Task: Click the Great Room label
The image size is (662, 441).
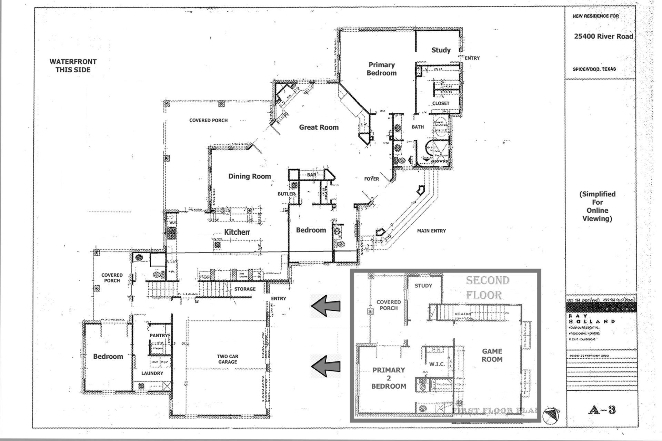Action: (x=319, y=127)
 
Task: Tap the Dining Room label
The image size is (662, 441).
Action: (x=250, y=176)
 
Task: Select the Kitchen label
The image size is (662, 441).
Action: (x=237, y=232)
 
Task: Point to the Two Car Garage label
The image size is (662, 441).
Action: (x=228, y=359)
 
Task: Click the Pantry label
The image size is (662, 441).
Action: (x=159, y=335)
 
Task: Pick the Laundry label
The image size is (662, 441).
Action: (x=152, y=373)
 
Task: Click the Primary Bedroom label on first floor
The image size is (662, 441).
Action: (x=381, y=69)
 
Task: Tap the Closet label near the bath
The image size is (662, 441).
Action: (x=441, y=103)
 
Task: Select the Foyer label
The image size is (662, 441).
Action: (x=371, y=179)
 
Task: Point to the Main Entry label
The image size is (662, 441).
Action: (x=431, y=231)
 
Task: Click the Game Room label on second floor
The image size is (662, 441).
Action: (x=492, y=355)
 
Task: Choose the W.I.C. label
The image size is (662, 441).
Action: (x=437, y=364)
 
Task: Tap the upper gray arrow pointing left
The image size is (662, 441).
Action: (x=325, y=306)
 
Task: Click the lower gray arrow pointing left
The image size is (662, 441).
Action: (x=325, y=366)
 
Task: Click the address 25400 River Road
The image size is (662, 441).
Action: (x=603, y=37)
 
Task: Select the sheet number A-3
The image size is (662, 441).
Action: (x=602, y=410)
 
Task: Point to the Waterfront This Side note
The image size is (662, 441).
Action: (x=73, y=66)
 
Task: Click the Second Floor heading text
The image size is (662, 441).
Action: (x=487, y=288)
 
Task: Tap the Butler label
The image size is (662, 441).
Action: (x=286, y=194)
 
